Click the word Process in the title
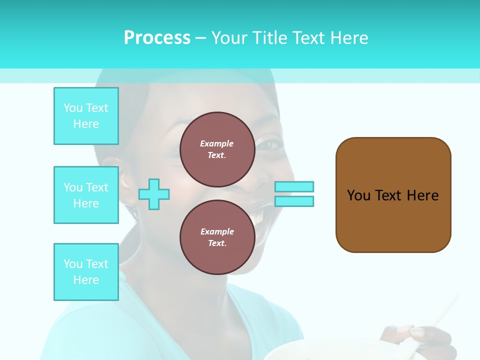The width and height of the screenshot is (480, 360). point(157,38)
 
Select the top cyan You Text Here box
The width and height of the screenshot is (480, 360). point(86,116)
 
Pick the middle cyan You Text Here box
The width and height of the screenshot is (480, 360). point(86,195)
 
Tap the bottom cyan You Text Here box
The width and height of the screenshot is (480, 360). point(86,272)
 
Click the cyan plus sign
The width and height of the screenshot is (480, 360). point(154,194)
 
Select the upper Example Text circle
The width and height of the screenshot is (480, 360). point(217,149)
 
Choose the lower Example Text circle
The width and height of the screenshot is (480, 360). point(217,237)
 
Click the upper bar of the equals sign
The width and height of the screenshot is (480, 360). point(294,187)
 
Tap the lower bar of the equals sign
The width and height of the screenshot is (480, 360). point(294,201)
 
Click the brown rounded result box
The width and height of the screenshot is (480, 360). point(393,195)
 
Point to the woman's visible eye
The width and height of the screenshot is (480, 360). point(268,145)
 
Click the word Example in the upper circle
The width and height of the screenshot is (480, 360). point(217,143)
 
